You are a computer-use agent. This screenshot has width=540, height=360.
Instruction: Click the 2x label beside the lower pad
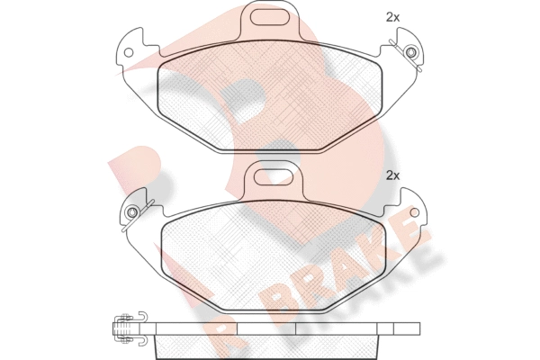click(392, 176)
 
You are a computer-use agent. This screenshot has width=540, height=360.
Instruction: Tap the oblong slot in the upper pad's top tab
click(269, 18)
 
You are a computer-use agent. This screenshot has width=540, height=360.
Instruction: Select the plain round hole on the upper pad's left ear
click(129, 53)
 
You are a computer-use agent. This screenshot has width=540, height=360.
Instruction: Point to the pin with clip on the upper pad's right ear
click(409, 53)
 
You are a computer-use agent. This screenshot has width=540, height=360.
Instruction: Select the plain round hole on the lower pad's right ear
click(415, 212)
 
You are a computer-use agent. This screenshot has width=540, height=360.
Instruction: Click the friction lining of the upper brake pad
click(270, 97)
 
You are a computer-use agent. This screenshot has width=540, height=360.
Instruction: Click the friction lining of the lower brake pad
click(274, 257)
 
